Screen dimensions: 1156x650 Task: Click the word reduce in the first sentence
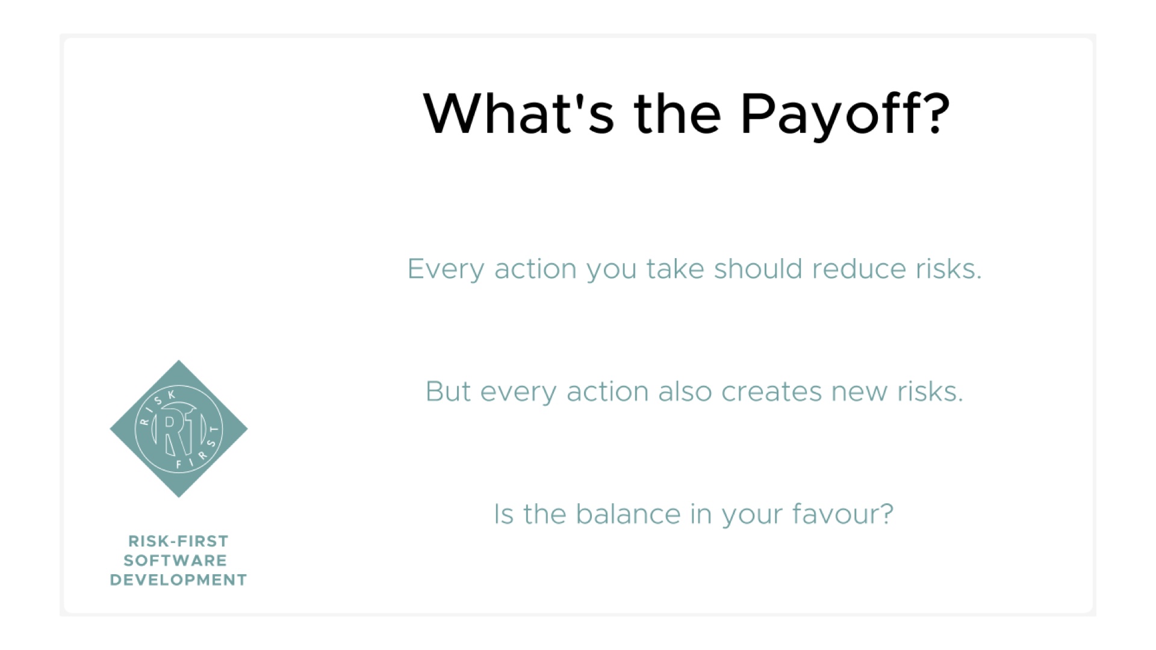[859, 268]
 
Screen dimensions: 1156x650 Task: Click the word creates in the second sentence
[771, 392]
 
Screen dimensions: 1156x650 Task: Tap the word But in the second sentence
[448, 391]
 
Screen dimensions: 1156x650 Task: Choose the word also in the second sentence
[685, 391]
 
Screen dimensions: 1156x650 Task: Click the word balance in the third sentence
[628, 514]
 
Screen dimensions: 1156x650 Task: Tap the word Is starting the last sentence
[503, 515]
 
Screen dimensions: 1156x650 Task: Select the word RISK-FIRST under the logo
[178, 541]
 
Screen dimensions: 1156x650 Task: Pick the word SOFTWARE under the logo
[175, 560]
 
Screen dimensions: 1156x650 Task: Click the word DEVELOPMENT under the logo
[178, 580]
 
